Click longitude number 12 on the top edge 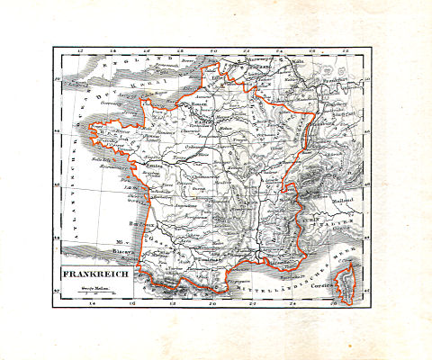(x=82, y=51)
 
